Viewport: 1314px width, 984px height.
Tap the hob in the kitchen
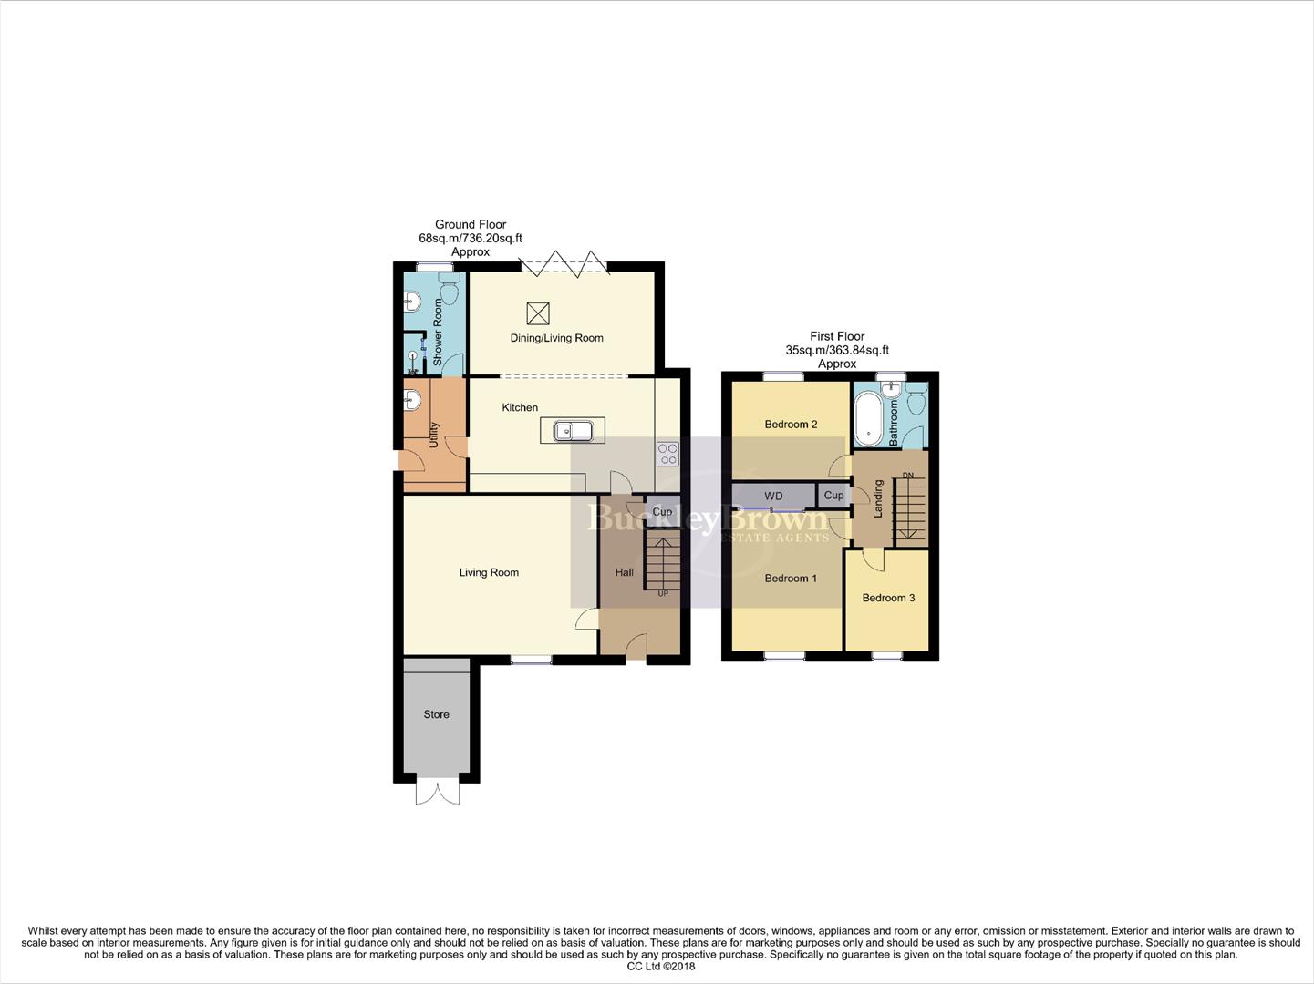(x=667, y=454)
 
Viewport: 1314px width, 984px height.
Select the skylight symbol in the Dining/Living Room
(x=538, y=313)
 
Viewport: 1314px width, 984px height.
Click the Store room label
(x=436, y=714)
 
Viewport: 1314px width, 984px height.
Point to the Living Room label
(x=489, y=572)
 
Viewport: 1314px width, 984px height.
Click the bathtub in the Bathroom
(x=870, y=418)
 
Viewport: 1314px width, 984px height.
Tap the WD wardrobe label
(x=773, y=496)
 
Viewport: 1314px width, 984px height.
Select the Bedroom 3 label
(x=888, y=598)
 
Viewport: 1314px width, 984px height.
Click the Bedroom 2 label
(x=791, y=425)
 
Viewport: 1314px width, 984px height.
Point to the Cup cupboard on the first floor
(x=833, y=496)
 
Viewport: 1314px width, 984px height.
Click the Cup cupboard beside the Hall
(x=662, y=512)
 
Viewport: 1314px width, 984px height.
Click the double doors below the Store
(x=437, y=792)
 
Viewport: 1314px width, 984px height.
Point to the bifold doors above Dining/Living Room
(x=564, y=263)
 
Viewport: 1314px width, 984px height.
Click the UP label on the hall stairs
(x=663, y=594)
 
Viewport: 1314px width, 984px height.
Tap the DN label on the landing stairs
(x=907, y=476)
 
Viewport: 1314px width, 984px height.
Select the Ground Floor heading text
(x=471, y=224)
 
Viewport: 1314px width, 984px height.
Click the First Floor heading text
(x=837, y=336)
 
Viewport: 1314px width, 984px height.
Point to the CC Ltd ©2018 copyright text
(x=656, y=966)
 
